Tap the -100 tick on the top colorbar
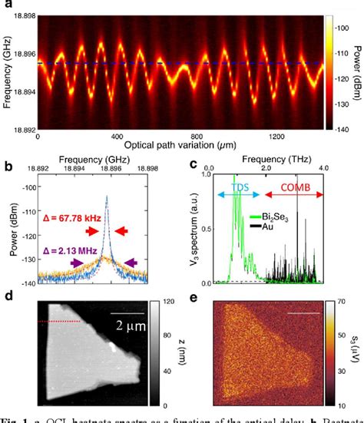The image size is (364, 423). click(334, 26)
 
